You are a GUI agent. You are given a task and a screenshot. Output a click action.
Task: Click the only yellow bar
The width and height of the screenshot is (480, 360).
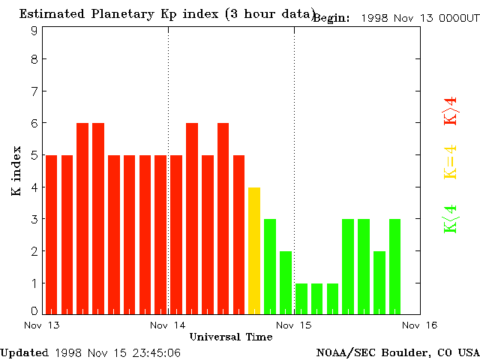(x=254, y=250)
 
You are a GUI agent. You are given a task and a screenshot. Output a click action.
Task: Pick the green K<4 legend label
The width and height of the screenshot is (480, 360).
(x=451, y=219)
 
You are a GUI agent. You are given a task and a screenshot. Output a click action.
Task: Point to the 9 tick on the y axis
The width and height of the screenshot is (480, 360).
(x=34, y=31)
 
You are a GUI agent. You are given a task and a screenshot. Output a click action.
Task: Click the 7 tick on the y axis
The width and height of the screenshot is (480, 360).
(x=34, y=91)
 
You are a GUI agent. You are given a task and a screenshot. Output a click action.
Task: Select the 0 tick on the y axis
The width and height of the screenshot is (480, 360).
(x=34, y=310)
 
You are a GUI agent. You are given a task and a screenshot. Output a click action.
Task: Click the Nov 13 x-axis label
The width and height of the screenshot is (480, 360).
(x=42, y=325)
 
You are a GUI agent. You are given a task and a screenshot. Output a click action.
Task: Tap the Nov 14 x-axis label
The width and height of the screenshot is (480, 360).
(x=168, y=325)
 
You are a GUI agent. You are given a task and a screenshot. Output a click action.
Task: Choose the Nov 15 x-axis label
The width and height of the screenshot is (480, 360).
(x=294, y=325)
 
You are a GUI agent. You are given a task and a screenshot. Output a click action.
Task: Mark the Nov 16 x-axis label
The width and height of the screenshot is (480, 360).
(x=419, y=325)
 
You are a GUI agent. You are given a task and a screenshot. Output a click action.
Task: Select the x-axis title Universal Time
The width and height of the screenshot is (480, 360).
(x=230, y=337)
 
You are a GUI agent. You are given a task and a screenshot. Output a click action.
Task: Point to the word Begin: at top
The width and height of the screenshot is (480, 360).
(x=331, y=18)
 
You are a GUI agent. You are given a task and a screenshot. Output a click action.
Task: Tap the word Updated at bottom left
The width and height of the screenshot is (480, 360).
(x=24, y=352)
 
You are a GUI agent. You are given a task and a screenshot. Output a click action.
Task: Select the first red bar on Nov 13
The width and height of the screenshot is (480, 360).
(x=51, y=233)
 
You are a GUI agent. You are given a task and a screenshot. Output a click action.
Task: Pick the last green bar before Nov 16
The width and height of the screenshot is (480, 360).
(x=395, y=265)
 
